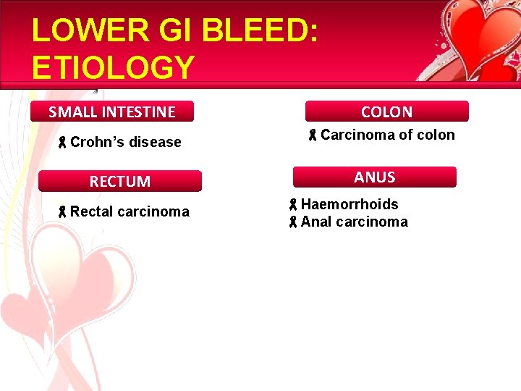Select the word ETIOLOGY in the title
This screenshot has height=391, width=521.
[x=114, y=67]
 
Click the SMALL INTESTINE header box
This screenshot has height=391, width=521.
[x=112, y=112]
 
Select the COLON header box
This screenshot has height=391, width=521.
[x=386, y=112]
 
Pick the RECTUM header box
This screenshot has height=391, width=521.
[x=120, y=181]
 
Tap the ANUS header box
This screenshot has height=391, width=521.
[x=374, y=177]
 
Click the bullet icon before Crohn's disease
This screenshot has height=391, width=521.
[x=63, y=143]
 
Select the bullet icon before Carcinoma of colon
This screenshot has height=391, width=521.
[x=313, y=135]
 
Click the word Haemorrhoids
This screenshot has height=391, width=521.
[x=350, y=204]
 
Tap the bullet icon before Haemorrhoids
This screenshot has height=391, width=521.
[x=293, y=205]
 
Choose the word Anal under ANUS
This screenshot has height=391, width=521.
[x=315, y=222]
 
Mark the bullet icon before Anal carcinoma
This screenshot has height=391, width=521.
[x=293, y=222]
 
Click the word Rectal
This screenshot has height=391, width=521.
[x=91, y=211]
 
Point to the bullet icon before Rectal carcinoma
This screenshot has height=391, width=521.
[x=63, y=212]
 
